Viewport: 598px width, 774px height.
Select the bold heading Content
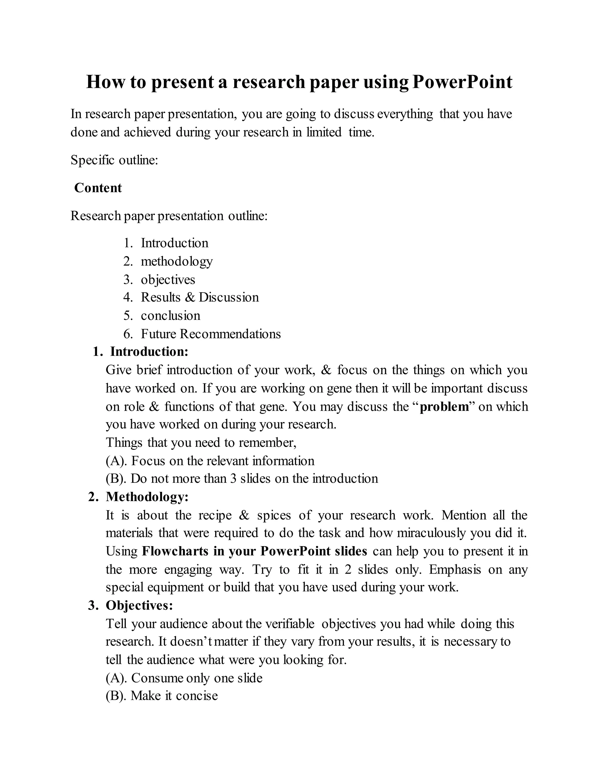click(x=98, y=188)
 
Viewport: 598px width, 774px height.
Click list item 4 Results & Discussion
click(x=199, y=297)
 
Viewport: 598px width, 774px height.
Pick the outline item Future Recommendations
click(x=211, y=334)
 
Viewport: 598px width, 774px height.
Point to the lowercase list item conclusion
click(x=171, y=315)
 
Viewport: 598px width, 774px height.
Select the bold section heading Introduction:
click(x=149, y=352)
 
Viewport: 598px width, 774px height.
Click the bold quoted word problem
click(x=444, y=407)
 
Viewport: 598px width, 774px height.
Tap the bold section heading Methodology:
click(x=147, y=497)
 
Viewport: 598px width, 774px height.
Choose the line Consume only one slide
click(x=197, y=678)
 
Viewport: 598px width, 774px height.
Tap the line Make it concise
click(x=174, y=696)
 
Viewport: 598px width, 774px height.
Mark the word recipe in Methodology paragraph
click(x=215, y=515)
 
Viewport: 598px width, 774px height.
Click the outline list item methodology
click(x=176, y=261)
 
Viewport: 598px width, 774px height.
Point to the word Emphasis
click(x=455, y=570)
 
